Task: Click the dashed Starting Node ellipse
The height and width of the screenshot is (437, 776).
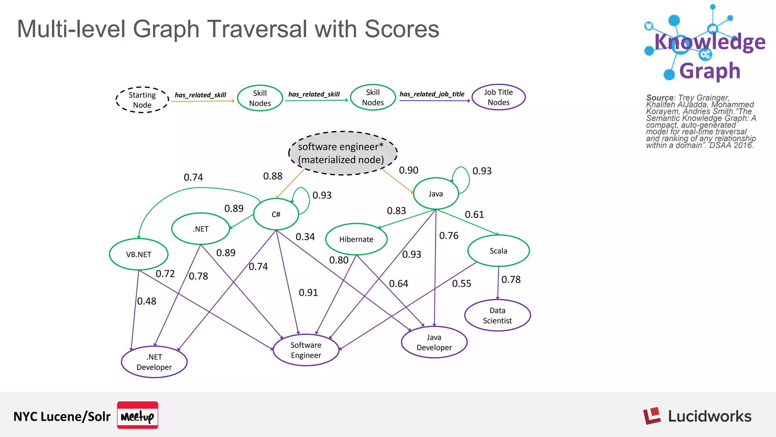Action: (x=142, y=100)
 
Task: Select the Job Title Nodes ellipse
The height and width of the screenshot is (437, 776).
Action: (x=498, y=97)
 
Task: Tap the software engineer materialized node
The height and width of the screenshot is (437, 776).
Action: (x=343, y=153)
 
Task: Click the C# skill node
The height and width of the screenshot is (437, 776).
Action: (x=276, y=214)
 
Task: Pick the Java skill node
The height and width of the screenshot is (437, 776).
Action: (x=436, y=194)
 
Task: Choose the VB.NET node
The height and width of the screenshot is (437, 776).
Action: (x=139, y=254)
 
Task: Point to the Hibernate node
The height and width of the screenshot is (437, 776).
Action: (x=356, y=239)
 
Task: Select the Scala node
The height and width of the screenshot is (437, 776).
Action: (x=498, y=251)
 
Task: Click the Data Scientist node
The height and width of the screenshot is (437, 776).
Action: (x=497, y=316)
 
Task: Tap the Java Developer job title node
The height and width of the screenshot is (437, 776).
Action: (x=434, y=342)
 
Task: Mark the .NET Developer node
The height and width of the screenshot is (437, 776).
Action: (x=154, y=362)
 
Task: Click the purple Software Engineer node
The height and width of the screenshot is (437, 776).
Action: (x=306, y=350)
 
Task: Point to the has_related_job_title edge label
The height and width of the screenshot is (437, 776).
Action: (x=432, y=94)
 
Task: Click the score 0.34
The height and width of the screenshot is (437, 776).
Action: (x=305, y=237)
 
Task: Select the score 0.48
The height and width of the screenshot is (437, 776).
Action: (x=147, y=301)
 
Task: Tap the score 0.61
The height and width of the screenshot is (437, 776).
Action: (x=474, y=215)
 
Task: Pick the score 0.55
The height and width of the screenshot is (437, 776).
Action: (x=462, y=284)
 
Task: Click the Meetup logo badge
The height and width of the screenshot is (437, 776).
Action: (x=138, y=415)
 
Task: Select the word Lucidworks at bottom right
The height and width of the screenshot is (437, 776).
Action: (x=709, y=417)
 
